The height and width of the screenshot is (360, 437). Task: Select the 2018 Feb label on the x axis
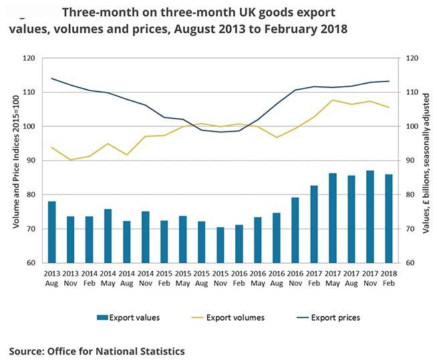click(x=389, y=277)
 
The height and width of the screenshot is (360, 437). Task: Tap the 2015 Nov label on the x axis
click(x=220, y=277)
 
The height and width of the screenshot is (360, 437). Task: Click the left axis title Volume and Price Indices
click(x=15, y=160)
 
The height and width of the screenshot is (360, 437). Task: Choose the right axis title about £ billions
click(x=426, y=160)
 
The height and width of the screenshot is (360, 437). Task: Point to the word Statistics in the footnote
click(x=160, y=351)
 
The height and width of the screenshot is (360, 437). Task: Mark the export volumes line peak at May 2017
click(x=333, y=100)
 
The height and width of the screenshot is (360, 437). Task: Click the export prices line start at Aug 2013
click(x=51, y=78)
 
